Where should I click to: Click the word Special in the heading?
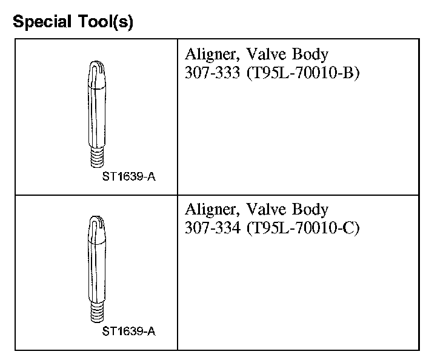(42, 22)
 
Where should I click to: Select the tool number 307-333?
(212, 73)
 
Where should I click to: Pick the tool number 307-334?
(213, 228)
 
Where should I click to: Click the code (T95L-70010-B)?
(303, 73)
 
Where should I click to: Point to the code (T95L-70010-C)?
(303, 228)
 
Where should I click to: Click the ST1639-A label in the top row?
(129, 177)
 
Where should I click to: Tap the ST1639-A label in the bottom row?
(129, 332)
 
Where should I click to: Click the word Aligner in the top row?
(212, 55)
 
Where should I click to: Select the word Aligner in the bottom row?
(212, 210)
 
